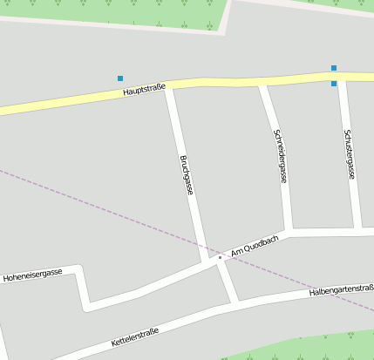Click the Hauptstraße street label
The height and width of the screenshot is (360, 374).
144,90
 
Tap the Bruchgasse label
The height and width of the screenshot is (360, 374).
186,174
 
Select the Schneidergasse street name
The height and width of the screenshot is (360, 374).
280,156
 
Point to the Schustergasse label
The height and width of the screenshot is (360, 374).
349,154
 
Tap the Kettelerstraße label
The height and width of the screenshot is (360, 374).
134,337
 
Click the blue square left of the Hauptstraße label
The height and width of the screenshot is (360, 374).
120,78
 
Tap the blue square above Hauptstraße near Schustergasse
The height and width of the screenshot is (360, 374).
334,67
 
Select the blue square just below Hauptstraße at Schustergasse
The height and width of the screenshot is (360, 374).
334,84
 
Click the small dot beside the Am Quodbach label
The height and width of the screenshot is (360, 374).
220,257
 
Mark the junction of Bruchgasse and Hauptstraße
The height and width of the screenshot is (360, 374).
170,85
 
